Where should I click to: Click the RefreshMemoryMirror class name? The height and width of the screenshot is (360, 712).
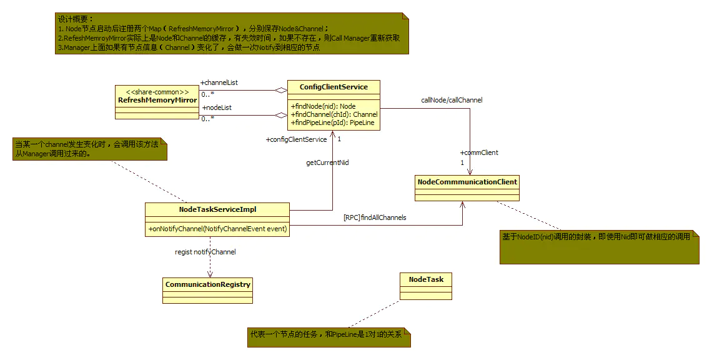coord(157,100)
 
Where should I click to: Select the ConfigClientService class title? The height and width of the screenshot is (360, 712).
coord(334,87)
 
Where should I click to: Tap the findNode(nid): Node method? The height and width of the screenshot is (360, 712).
coord(324,106)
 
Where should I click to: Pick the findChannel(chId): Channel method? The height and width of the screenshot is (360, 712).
coord(334,114)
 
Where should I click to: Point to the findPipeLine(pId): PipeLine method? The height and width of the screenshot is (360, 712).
coord(332,122)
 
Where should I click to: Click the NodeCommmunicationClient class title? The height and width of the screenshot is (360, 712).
coord(467,182)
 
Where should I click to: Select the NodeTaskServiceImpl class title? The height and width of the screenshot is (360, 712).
coord(217,209)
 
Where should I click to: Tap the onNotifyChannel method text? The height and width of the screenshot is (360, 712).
coord(217,229)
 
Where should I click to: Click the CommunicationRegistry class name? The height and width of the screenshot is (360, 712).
coord(208,284)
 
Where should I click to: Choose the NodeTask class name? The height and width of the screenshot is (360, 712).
coord(426,279)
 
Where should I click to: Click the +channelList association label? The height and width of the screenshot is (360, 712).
coord(219,82)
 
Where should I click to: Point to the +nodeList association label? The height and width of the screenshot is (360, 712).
coord(217,107)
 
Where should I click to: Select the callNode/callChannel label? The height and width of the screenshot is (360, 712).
coord(452,100)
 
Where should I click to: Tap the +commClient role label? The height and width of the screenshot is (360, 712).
coord(479,152)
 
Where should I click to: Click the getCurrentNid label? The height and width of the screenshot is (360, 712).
coord(327,162)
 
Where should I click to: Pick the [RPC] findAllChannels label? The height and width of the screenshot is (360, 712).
coord(375,217)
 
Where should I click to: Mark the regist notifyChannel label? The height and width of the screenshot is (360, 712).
coord(205,252)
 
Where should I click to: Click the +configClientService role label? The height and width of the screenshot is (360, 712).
coord(296,139)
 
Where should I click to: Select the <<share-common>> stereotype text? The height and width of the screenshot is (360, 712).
coord(157,92)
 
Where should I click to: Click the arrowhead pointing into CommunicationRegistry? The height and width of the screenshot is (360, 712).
coord(210,274)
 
